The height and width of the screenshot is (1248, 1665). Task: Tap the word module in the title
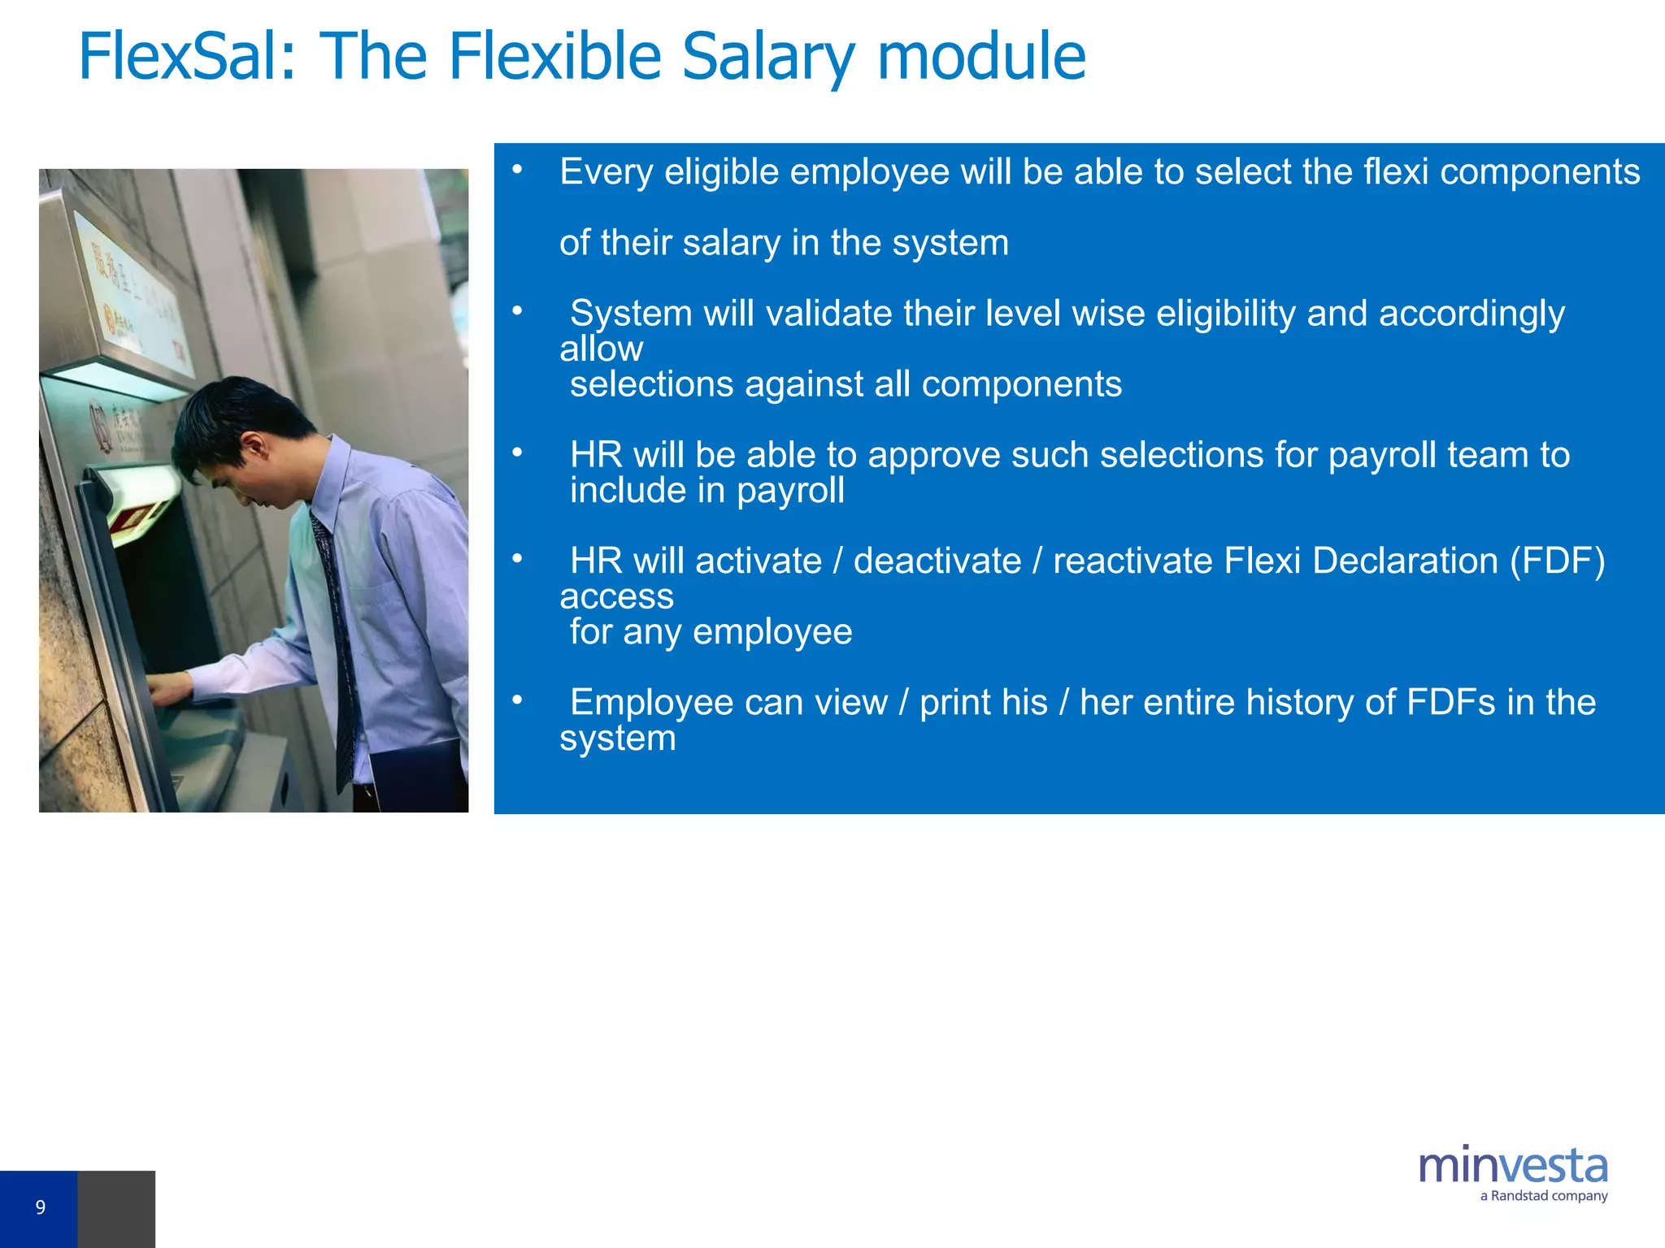(980, 57)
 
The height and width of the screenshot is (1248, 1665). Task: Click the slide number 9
(40, 1207)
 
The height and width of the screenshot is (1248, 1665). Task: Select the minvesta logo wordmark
(1513, 1167)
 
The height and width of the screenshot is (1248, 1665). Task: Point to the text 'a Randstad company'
(1543, 1196)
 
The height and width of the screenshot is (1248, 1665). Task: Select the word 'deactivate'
(937, 561)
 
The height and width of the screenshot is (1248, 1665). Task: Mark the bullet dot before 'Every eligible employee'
(517, 170)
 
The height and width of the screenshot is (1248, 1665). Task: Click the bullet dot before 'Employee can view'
(517, 700)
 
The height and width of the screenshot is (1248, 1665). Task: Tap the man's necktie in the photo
(337, 634)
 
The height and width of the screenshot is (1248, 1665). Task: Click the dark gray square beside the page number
(115, 1209)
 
